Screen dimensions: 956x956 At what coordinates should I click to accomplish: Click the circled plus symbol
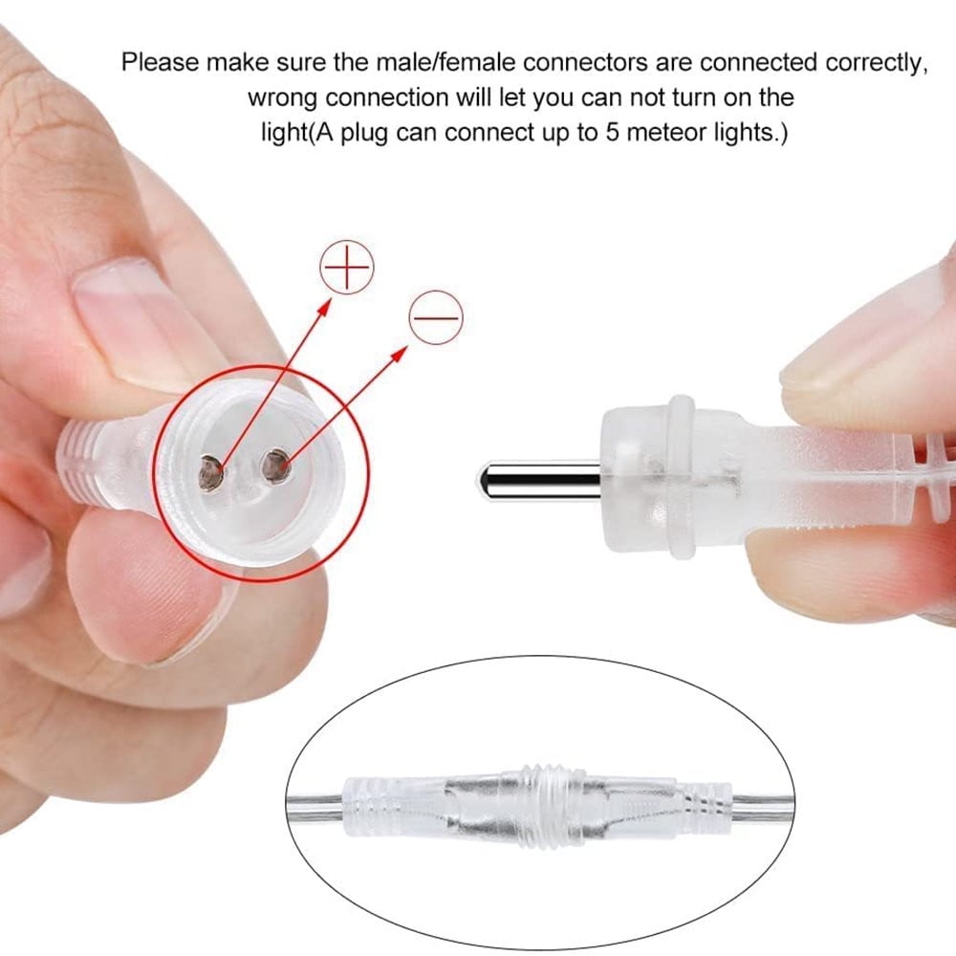tap(347, 267)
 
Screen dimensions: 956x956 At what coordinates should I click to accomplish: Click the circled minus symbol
tap(436, 317)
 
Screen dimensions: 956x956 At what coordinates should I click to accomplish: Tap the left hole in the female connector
tap(211, 472)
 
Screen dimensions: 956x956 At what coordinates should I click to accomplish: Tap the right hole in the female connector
tap(275, 467)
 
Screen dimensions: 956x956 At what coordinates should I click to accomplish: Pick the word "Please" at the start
tap(161, 62)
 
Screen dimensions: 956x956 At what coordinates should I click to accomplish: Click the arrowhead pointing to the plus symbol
tap(324, 307)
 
